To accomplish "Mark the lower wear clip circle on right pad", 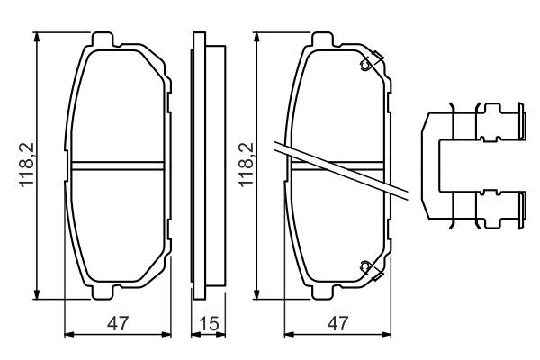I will (x=364, y=265).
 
